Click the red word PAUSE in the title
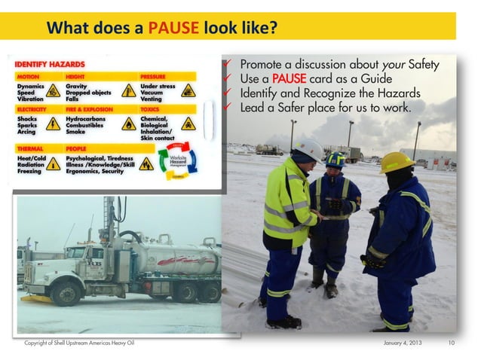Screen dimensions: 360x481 pos(173,29)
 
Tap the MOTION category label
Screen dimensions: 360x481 pos(28,77)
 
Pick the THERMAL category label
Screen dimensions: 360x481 pos(30,149)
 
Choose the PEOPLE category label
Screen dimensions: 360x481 pos(77,149)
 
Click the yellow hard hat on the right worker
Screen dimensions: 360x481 pos(396,160)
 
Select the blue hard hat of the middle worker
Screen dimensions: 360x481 pos(335,159)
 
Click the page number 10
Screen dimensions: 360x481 pos(452,343)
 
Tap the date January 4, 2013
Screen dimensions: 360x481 pos(404,343)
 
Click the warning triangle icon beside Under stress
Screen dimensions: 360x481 pos(188,90)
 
